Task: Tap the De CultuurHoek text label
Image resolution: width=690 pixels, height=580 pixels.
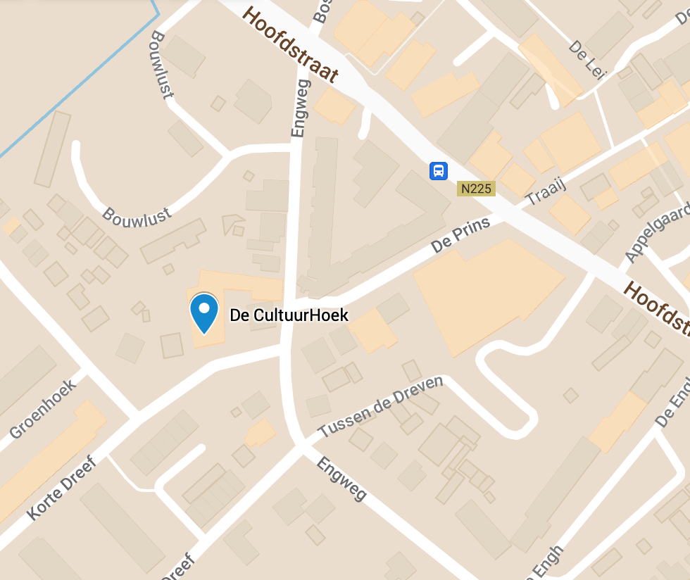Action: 289,315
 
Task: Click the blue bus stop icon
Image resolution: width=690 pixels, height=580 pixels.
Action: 438,170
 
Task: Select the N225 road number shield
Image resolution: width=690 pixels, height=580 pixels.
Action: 477,189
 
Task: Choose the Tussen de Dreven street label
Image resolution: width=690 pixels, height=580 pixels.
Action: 380,407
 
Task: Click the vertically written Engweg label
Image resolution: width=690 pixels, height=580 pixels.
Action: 299,108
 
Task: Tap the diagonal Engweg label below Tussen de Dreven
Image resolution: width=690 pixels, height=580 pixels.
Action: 341,479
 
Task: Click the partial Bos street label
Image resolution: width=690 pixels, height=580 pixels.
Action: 322,11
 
